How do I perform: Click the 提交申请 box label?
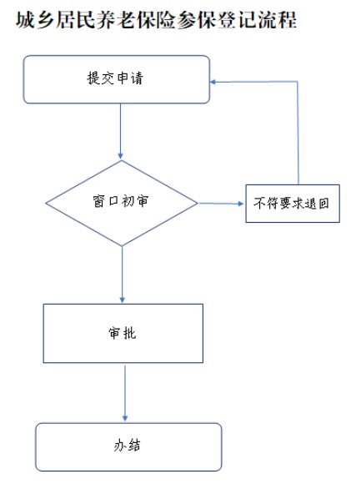click(115, 78)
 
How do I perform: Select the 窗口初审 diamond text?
click(121, 201)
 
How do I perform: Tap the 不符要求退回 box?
click(293, 204)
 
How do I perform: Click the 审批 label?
click(123, 333)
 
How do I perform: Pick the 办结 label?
click(127, 445)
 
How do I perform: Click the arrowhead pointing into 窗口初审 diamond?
click(121, 155)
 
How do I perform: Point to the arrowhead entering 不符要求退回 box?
click(240, 204)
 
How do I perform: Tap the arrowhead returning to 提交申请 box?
click(213, 82)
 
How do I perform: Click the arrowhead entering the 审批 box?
click(122, 299)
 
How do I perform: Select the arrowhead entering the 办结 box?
click(125, 418)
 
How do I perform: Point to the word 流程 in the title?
click(277, 20)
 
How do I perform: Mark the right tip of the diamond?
click(198, 203)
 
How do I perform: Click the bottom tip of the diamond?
click(122, 246)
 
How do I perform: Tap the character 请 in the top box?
click(137, 78)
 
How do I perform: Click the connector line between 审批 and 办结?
click(125, 392)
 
